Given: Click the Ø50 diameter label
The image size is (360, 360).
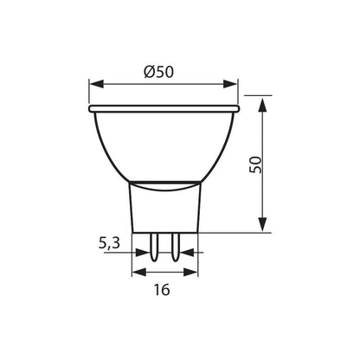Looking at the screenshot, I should (x=162, y=71).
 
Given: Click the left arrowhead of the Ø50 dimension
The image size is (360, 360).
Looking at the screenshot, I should (x=95, y=85).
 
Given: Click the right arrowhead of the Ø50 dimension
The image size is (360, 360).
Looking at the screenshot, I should (x=232, y=85).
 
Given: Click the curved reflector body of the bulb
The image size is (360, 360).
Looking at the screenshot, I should (x=164, y=143).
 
